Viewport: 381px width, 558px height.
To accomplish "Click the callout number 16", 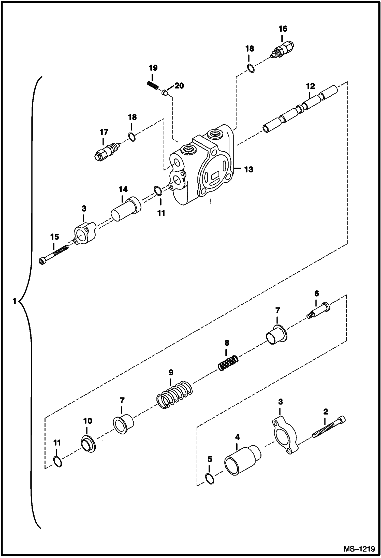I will click(x=283, y=29).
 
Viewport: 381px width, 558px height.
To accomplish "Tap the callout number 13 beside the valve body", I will click(x=248, y=169).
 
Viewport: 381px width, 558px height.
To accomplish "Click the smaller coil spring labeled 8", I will click(x=228, y=363).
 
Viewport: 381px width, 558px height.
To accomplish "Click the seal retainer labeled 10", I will click(x=88, y=444).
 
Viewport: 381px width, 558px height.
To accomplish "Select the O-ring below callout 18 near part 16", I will click(x=251, y=69).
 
